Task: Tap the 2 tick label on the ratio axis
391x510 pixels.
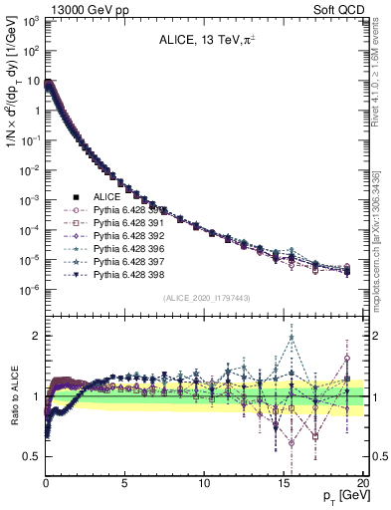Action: point(36,336)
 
